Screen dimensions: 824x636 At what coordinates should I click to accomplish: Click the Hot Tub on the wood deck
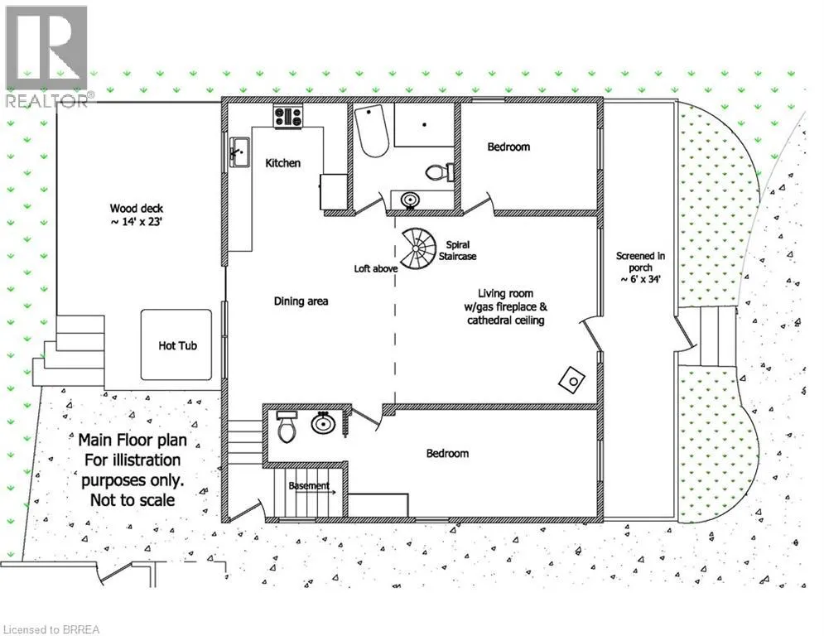(x=176, y=344)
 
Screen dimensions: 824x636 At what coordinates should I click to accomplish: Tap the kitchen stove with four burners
(x=288, y=116)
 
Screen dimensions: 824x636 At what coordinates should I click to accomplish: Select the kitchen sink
(x=239, y=152)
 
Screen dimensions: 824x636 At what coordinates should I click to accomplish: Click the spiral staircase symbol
(x=417, y=248)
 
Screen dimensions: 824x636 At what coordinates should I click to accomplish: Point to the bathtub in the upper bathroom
(x=371, y=131)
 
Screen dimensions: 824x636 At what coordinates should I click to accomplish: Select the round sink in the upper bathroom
(x=410, y=200)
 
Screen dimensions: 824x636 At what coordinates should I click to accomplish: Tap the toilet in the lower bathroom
(x=287, y=426)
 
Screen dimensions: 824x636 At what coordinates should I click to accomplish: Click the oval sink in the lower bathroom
(x=323, y=422)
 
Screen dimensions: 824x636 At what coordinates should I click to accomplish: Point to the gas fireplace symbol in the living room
(x=571, y=380)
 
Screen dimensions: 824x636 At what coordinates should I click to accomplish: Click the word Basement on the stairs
(x=309, y=485)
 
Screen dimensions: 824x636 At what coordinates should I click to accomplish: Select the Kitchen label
(x=282, y=163)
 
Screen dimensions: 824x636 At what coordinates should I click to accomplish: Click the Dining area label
(x=301, y=301)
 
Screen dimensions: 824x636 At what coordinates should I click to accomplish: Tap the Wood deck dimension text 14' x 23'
(x=136, y=222)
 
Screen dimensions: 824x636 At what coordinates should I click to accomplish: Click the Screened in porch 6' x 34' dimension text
(x=640, y=280)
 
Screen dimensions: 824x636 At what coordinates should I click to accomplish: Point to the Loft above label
(x=376, y=268)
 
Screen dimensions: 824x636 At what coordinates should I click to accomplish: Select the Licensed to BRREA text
(x=51, y=629)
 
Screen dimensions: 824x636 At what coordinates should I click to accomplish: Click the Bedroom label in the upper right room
(x=508, y=147)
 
